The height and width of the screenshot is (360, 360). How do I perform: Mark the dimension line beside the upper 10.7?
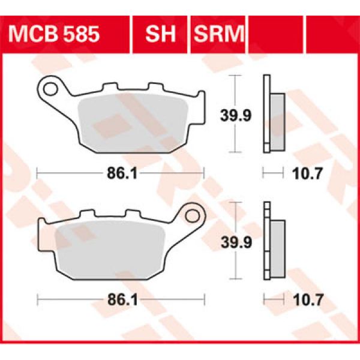click(272, 174)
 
